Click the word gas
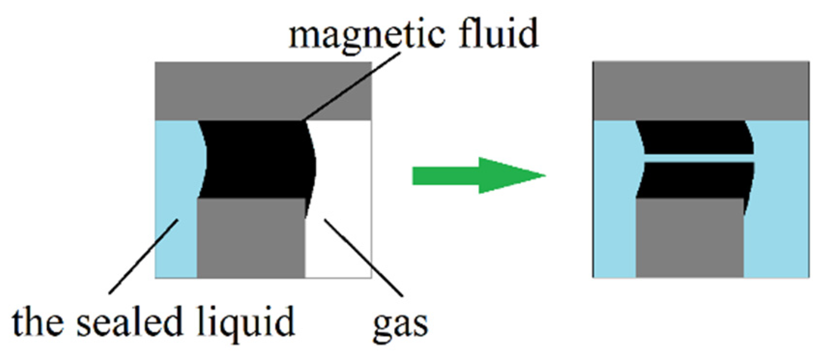pyautogui.click(x=400, y=325)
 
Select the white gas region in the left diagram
pyautogui.click(x=343, y=193)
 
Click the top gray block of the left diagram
pyautogui.click(x=263, y=91)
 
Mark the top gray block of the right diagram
pyautogui.click(x=701, y=91)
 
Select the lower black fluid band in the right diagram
pyautogui.click(x=696, y=180)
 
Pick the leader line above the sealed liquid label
pyautogui.click(x=144, y=256)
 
